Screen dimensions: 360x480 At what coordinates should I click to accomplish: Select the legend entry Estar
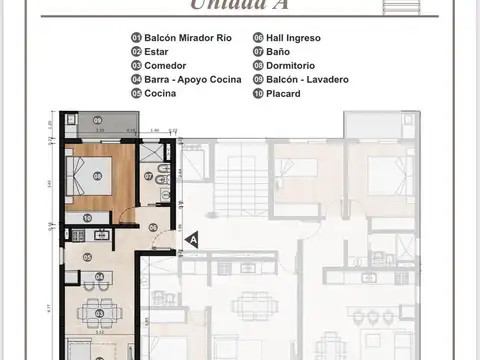(159, 51)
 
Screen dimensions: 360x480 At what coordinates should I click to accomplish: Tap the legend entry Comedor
(165, 65)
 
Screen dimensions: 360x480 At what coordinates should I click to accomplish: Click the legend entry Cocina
(161, 93)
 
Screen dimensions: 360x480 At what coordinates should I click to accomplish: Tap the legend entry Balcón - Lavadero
(299, 79)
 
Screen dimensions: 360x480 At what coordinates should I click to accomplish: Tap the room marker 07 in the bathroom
(148, 176)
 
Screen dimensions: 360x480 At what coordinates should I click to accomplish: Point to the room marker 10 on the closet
(88, 217)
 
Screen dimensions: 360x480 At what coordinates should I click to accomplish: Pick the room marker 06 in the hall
(153, 228)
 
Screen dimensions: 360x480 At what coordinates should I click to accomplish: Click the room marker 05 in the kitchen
(88, 257)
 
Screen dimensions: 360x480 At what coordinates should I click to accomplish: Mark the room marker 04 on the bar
(99, 277)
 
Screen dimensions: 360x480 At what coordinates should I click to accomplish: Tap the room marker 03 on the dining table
(99, 313)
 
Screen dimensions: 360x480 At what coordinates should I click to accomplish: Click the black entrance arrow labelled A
(193, 240)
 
